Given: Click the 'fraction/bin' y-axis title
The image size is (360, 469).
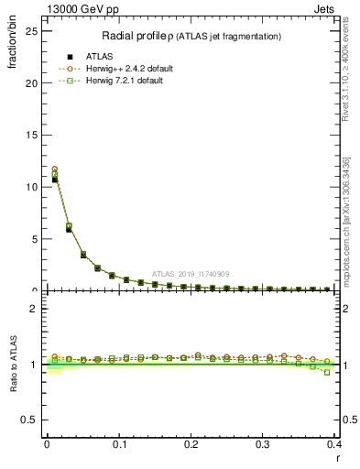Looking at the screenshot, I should (13, 55).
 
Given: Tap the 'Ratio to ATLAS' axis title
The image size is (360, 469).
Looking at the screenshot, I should (13, 363).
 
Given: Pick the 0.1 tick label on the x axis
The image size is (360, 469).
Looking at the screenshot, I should (119, 444).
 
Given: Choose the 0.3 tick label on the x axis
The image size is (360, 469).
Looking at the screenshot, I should (264, 444).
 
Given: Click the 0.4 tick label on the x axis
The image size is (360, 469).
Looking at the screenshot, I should (334, 444).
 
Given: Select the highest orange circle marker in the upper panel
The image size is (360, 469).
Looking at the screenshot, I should (55, 169).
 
